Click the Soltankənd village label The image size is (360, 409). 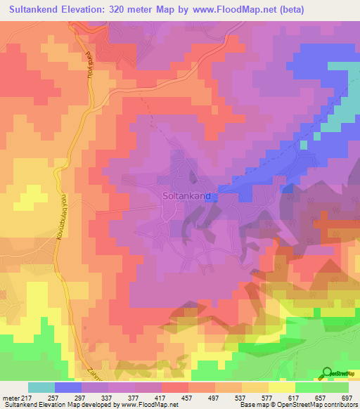pyautogui.click(x=186, y=197)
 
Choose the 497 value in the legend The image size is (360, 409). pyautogui.click(x=233, y=397)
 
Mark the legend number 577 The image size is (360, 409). pyautogui.click(x=289, y=397)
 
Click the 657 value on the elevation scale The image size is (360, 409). pyautogui.click(x=316, y=397)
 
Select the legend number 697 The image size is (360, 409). pyautogui.click(x=345, y=397)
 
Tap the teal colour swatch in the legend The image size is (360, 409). pyautogui.click(x=41, y=387)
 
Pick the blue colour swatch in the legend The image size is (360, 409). pyautogui.click(x=68, y=387)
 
